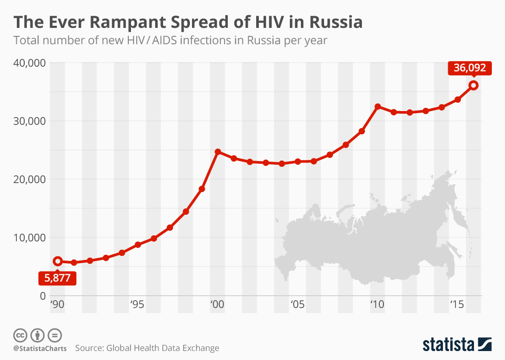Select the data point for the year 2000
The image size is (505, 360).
coord(218,152)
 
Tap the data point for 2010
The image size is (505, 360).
coord(378,107)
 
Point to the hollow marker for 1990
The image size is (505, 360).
coord(58,261)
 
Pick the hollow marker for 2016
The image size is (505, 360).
coord(473,85)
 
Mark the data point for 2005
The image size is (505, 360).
coord(298,162)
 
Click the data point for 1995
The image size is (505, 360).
coord(138,245)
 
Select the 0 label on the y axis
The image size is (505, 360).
coord(42,295)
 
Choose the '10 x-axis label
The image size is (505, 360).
coord(376,305)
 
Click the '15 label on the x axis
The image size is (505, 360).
coord(456,305)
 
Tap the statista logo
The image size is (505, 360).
coord(457,345)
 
